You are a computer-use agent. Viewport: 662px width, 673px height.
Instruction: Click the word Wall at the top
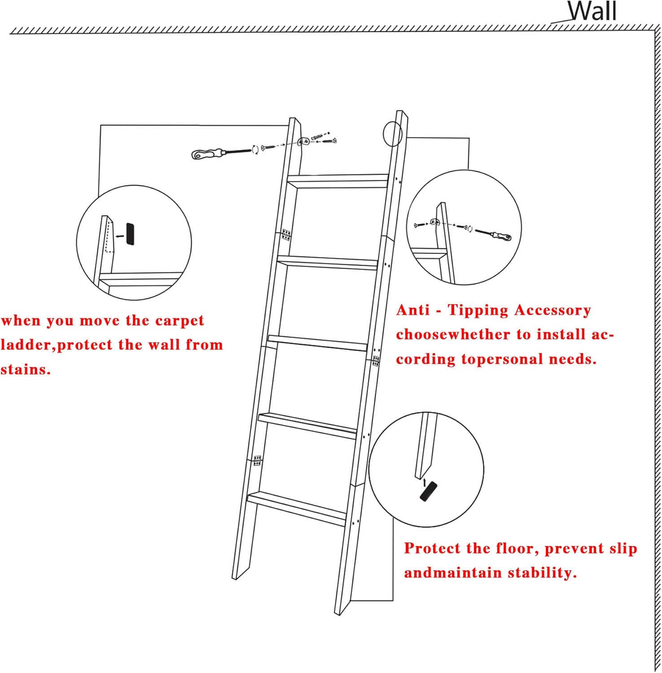click(592, 11)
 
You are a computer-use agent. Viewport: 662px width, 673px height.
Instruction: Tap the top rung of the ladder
click(338, 181)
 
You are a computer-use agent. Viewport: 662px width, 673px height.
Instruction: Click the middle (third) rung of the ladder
click(318, 343)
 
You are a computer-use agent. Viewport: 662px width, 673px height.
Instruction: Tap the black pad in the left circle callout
click(130, 234)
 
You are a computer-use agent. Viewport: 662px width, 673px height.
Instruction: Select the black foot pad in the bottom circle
click(428, 491)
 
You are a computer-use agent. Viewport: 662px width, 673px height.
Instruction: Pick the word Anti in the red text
click(413, 310)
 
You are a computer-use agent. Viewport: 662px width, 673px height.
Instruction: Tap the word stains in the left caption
click(25, 370)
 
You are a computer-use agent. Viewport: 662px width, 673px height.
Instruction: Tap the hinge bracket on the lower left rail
click(257, 460)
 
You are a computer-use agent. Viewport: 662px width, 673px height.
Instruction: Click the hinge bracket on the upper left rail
click(286, 235)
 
